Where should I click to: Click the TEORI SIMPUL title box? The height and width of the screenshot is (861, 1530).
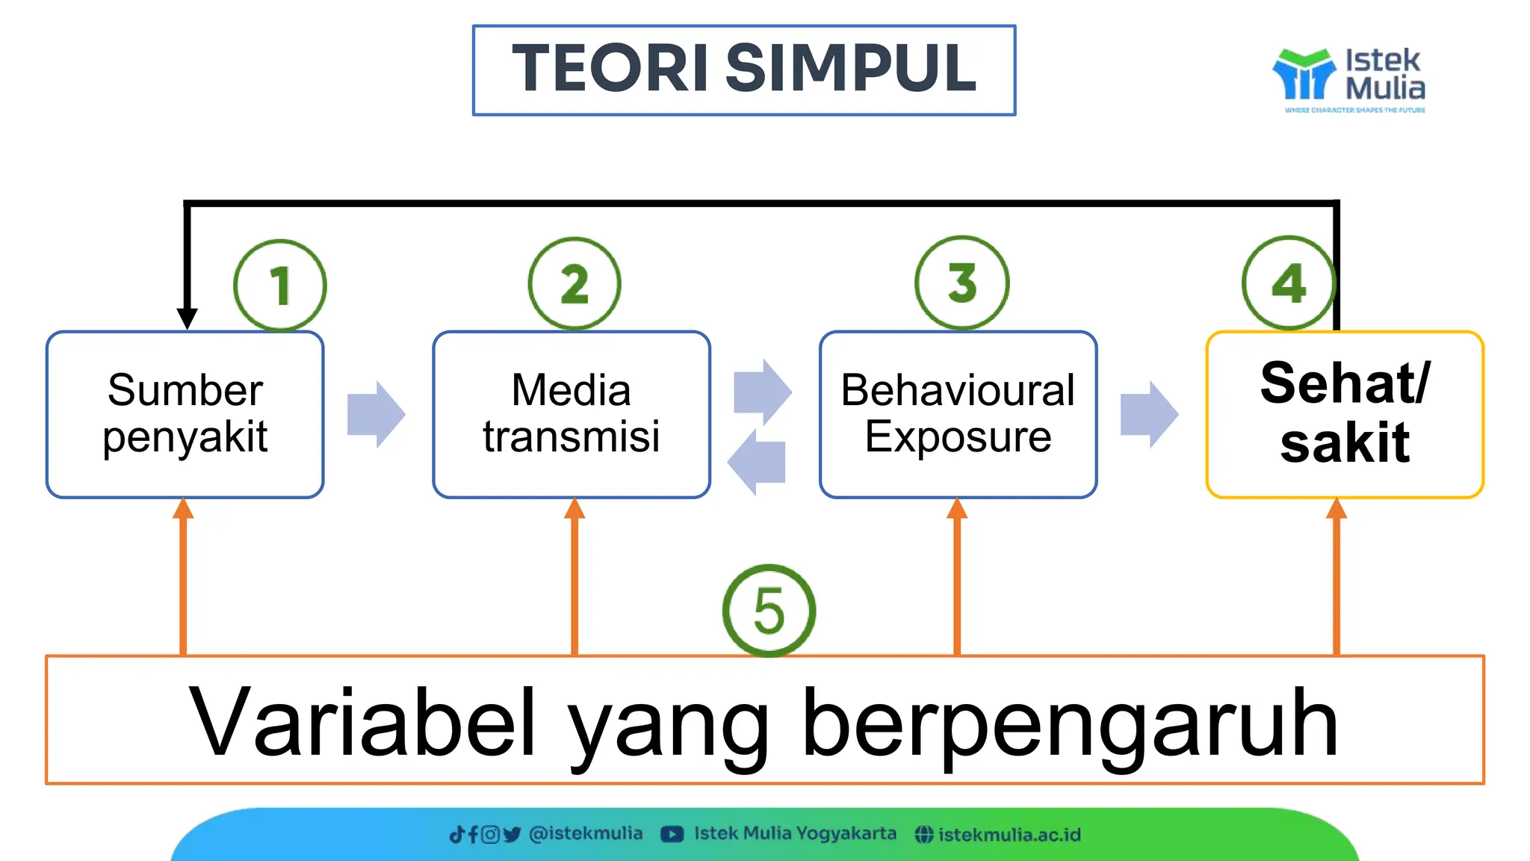743,70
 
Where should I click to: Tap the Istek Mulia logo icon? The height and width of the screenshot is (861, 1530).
1304,75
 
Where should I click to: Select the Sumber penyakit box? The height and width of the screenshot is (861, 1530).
185,414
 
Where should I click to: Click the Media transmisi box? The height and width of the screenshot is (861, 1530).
571,414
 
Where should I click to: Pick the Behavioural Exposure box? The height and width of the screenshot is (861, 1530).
958,414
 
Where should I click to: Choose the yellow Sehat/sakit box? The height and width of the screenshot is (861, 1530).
1344,414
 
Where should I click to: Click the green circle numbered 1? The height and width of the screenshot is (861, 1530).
279,285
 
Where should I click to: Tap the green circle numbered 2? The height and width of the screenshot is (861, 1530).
574,283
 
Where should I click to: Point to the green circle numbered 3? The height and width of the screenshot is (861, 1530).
961,283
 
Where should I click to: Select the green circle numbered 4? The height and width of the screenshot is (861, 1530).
1288,283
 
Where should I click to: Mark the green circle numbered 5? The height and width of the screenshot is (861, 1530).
769,611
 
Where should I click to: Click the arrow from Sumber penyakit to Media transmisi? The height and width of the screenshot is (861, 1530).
376,414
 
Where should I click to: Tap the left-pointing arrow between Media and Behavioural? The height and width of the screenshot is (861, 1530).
757,462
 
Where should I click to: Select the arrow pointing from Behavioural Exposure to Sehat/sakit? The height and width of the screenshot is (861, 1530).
1149,414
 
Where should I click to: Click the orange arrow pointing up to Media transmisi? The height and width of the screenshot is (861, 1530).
574,575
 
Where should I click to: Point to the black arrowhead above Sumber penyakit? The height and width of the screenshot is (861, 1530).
187,318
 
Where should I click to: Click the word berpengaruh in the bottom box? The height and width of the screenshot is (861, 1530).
1070,722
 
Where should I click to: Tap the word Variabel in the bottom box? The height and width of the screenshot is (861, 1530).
362,722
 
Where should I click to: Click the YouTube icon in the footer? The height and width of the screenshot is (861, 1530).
672,834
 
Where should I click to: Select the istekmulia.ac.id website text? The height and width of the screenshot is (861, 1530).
1009,834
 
